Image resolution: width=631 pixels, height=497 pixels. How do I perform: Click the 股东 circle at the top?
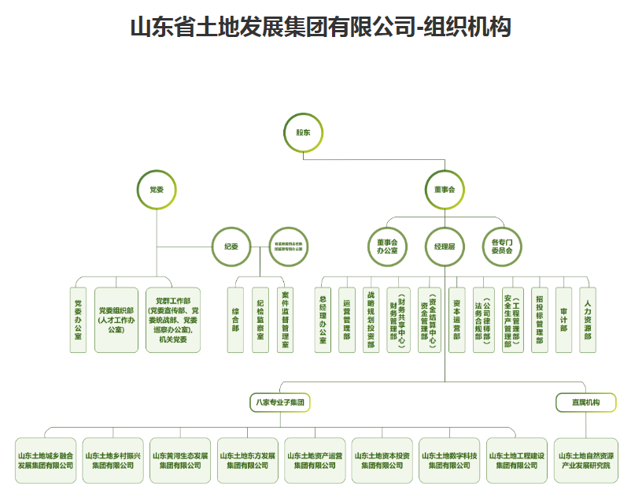click(303, 132)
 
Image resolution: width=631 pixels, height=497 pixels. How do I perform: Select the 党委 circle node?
click(157, 191)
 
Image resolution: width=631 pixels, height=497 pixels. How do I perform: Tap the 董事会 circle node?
click(445, 191)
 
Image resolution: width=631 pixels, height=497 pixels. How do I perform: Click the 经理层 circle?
click(445, 247)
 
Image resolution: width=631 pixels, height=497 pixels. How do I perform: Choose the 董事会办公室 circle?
click(387, 247)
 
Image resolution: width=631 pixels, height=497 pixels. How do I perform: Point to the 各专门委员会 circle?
click(502, 247)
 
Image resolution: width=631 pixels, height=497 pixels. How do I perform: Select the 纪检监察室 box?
click(260, 319)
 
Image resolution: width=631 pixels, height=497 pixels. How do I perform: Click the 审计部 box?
click(563, 319)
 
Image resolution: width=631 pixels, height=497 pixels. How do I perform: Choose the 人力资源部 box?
click(588, 319)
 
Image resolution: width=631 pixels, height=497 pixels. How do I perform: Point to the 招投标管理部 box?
click(539, 319)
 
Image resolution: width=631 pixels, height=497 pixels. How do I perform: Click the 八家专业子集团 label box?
click(279, 402)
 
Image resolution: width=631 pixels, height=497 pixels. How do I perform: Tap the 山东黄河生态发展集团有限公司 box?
click(180, 460)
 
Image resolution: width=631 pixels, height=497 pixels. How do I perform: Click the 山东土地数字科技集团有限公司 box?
click(449, 460)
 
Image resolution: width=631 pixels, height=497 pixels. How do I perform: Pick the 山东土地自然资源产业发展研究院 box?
click(586, 460)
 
